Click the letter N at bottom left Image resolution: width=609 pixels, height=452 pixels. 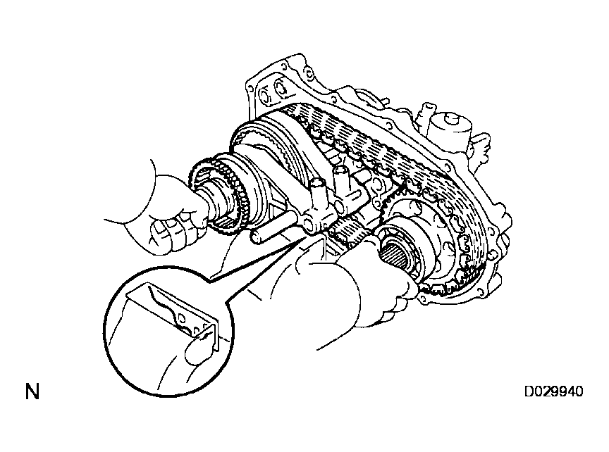pos(32,391)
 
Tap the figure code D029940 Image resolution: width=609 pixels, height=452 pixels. pos(554,391)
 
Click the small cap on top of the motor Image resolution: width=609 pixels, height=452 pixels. pos(452,118)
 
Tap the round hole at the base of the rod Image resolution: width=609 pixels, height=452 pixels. pos(307,225)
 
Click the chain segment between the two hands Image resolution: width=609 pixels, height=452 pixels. pos(347,232)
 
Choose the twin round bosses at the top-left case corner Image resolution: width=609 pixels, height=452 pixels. pos(272,91)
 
